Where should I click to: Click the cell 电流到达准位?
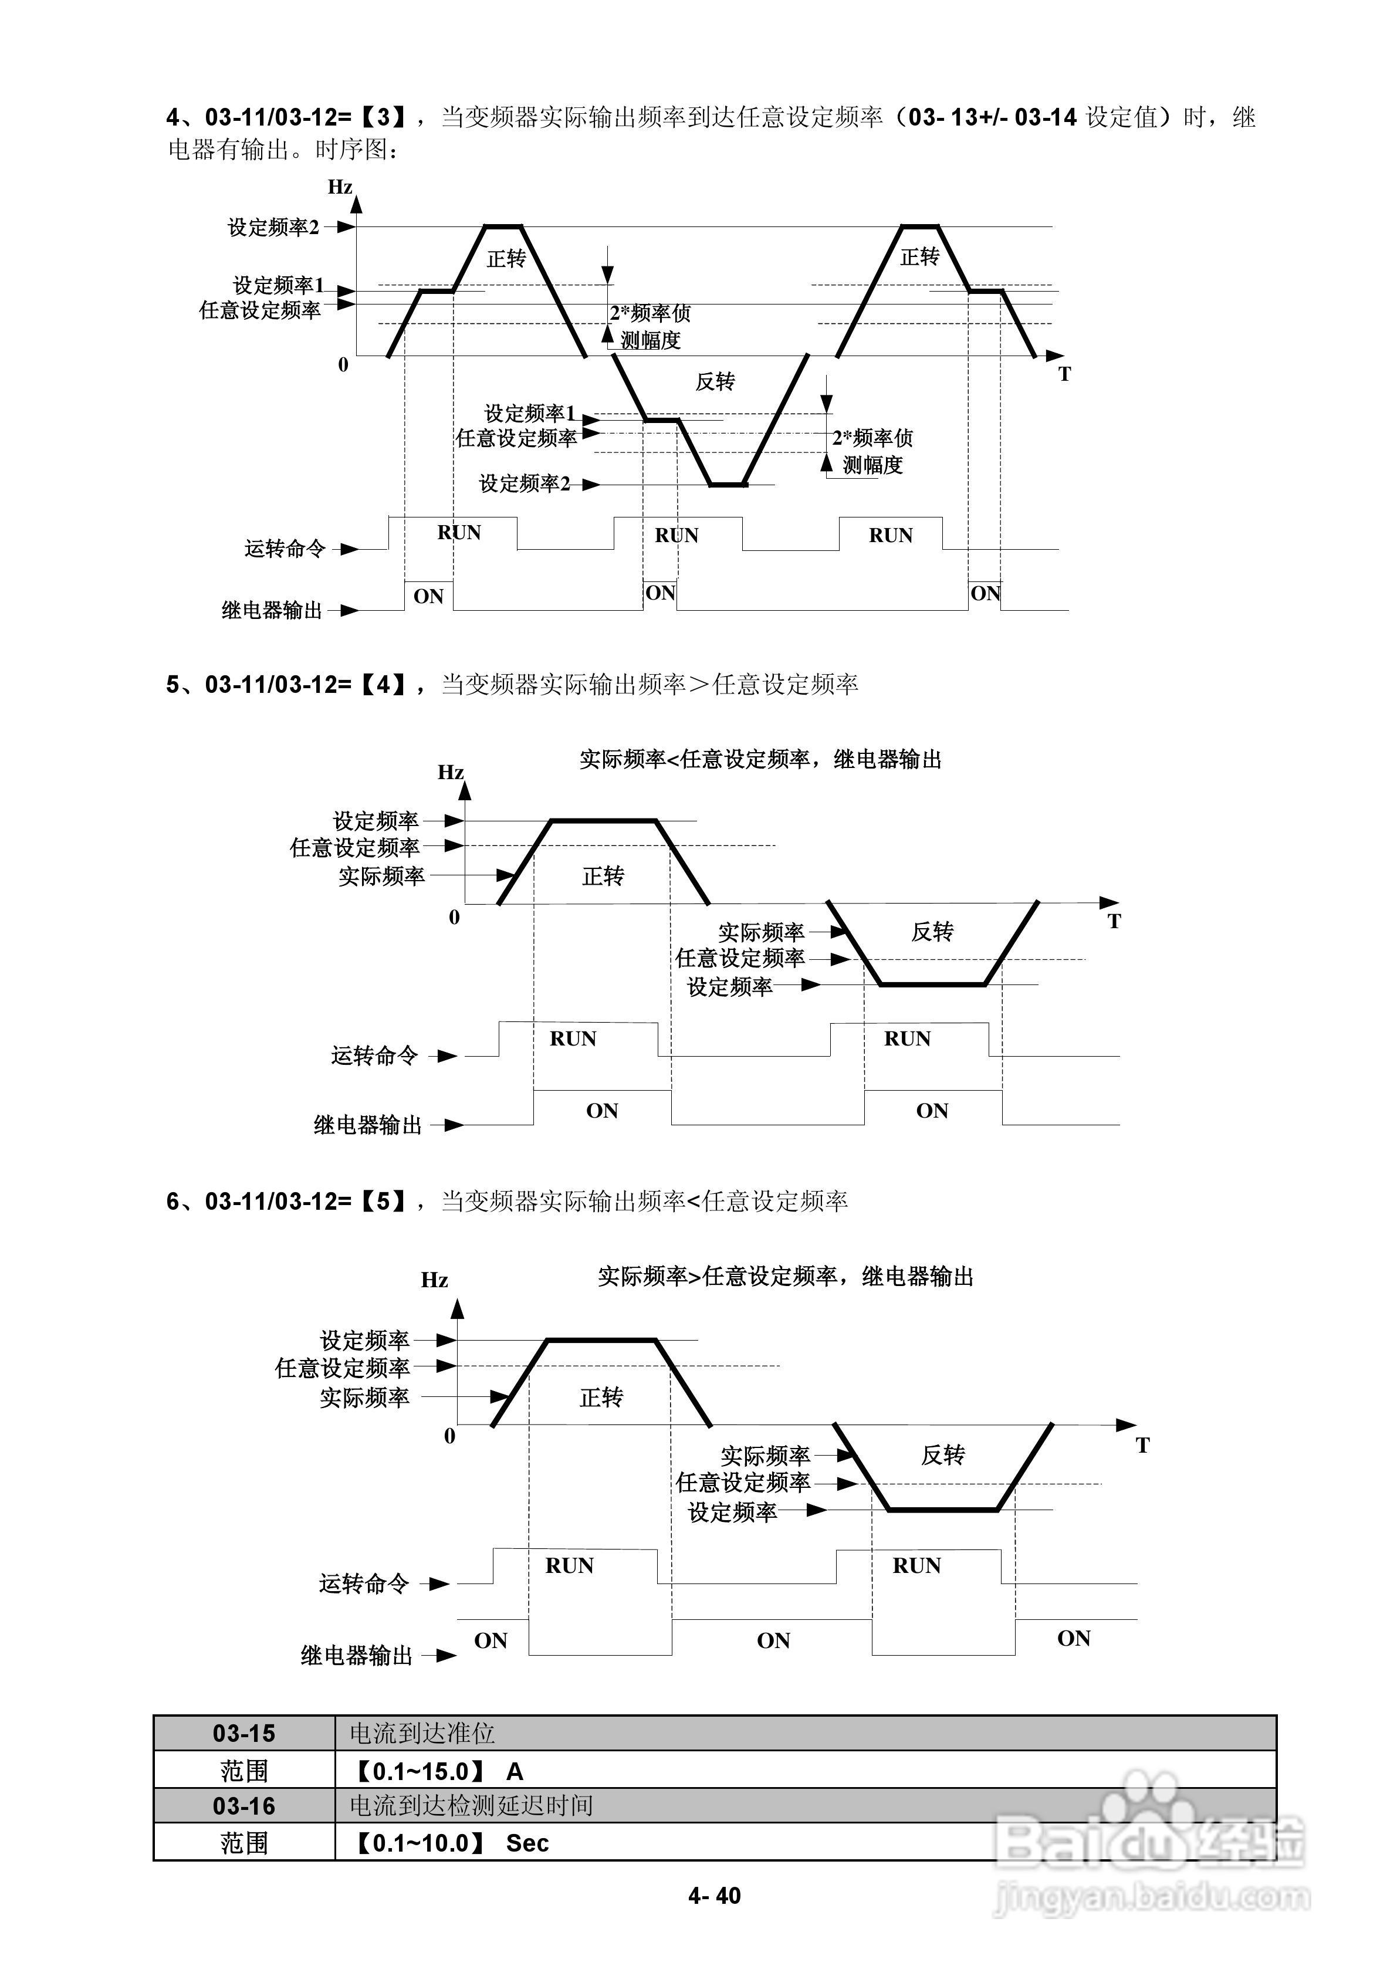tap(422, 1733)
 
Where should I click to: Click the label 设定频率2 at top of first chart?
tap(273, 227)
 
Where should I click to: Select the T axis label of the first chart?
tap(1065, 374)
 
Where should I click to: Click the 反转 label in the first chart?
tap(715, 381)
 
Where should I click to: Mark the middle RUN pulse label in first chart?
tap(676, 535)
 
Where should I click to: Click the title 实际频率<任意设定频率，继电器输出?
tap(760, 759)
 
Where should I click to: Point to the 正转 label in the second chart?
tap(603, 876)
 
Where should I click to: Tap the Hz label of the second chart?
tap(450, 772)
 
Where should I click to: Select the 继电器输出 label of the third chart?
tap(356, 1655)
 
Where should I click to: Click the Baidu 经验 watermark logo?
tap(1149, 1842)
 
